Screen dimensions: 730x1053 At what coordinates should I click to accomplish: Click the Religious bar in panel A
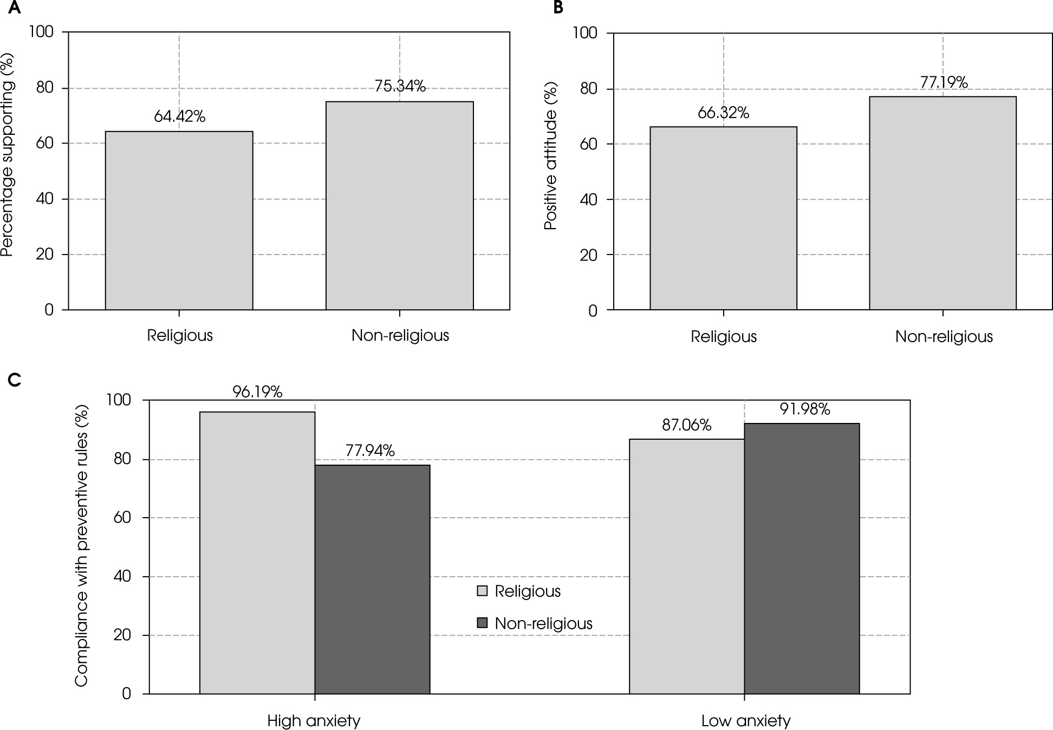point(179,220)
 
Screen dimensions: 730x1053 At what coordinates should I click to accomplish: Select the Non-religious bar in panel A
point(399,206)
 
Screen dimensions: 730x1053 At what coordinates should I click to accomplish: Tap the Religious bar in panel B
point(723,218)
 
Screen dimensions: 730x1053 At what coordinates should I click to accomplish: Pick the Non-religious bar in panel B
point(942,203)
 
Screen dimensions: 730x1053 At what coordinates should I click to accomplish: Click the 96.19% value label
point(257,392)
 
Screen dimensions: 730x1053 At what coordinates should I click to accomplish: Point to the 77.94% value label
point(370,450)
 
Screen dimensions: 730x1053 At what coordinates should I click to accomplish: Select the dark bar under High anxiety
point(372,579)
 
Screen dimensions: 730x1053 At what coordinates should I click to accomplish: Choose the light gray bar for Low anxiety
point(686,566)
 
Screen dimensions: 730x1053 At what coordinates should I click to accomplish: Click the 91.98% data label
point(805,409)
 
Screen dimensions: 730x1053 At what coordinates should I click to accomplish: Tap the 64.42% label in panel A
point(179,116)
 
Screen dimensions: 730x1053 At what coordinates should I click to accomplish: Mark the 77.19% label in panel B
point(944,82)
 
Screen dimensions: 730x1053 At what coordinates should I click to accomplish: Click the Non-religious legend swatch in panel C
point(482,623)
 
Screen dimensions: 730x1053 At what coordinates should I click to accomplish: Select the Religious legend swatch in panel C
point(482,591)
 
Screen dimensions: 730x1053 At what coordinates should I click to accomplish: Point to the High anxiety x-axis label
point(314,721)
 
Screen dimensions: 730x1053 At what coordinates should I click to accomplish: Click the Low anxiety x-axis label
point(746,721)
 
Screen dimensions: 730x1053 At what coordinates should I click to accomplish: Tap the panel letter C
point(14,380)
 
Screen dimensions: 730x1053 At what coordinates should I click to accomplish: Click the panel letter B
point(558,8)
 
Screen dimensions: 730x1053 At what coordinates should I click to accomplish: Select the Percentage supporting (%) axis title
point(8,154)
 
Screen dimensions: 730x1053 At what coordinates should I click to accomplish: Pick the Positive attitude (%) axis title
point(551,156)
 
